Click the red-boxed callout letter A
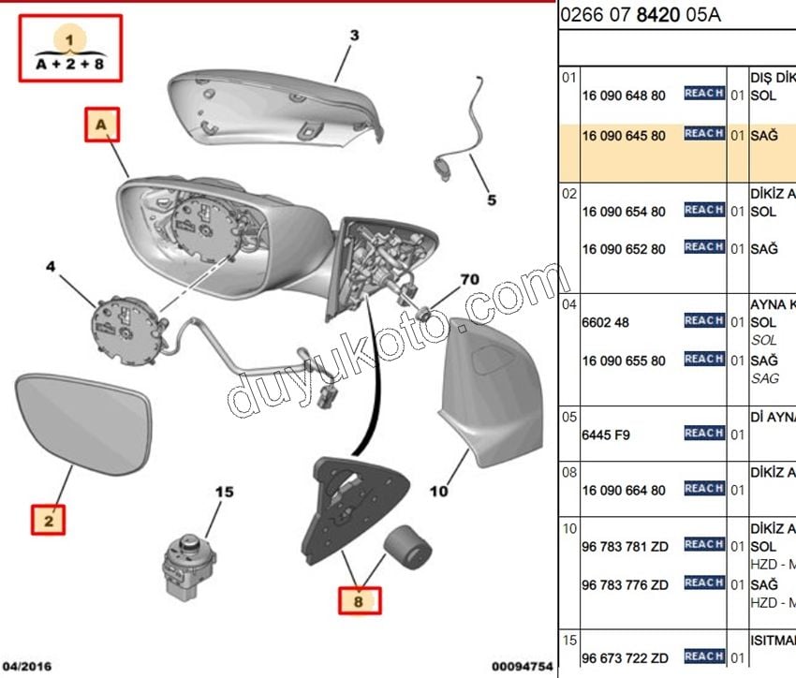click(103, 125)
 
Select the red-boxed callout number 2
click(50, 519)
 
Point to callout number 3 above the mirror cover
click(354, 37)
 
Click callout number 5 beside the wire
click(491, 199)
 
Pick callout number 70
click(469, 278)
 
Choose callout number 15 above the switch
click(225, 492)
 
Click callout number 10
click(438, 490)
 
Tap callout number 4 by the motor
click(52, 267)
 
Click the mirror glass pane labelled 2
click(81, 420)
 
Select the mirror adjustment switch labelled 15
click(187, 561)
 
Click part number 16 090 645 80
click(624, 136)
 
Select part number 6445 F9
click(605, 434)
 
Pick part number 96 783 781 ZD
click(626, 546)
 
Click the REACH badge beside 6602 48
click(703, 321)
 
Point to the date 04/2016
click(27, 666)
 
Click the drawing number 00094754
click(516, 666)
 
